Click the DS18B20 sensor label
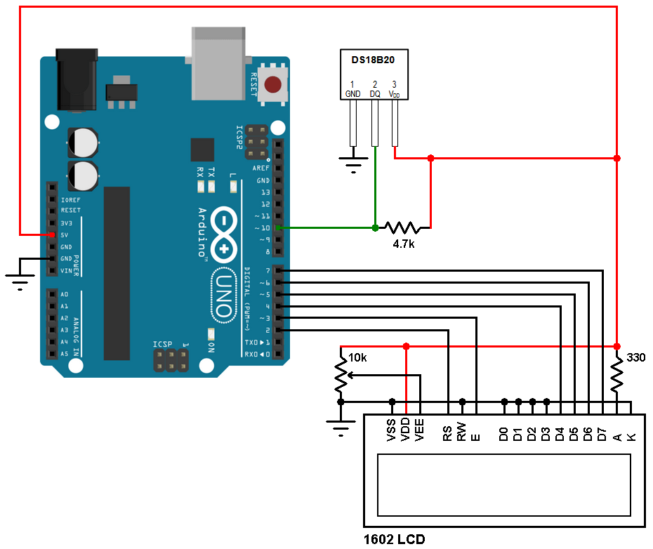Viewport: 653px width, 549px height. tap(373, 60)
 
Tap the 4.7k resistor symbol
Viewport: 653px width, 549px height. tap(402, 227)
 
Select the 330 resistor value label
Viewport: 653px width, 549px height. tap(635, 357)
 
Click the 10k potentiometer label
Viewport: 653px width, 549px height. tap(357, 358)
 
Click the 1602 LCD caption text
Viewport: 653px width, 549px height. tap(394, 540)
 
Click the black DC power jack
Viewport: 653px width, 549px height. tap(76, 81)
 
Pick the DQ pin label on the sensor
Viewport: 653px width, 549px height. tap(375, 93)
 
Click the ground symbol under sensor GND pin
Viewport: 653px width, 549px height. tap(353, 166)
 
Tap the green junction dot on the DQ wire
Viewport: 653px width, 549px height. tap(375, 227)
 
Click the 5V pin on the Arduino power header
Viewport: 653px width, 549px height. tap(51, 234)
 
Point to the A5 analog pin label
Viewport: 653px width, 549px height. tap(65, 354)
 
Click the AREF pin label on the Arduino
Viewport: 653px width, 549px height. tap(261, 168)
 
